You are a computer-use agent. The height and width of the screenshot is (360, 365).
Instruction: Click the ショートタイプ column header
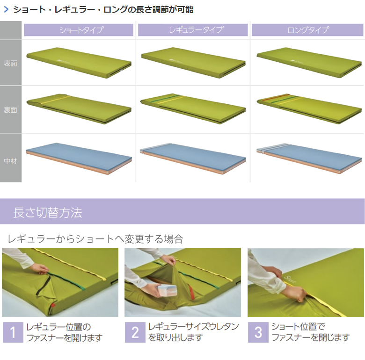coord(79,30)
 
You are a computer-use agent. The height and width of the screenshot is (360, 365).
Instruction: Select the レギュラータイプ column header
coord(193,30)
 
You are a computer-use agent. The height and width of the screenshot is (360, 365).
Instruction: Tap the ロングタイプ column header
coord(307,30)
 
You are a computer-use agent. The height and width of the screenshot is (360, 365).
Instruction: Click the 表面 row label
coord(10,63)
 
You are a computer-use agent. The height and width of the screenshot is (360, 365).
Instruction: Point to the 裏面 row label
coord(10,110)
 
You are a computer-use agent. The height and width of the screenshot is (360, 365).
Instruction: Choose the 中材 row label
coord(10,161)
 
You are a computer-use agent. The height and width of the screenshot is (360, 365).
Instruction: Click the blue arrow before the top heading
coord(6,9)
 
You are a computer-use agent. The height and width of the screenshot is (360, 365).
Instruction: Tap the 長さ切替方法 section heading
coord(48,212)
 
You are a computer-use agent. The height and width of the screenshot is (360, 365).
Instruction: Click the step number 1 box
coord(13,332)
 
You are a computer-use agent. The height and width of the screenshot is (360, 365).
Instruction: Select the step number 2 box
coord(135,332)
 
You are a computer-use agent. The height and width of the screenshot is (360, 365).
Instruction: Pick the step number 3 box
coord(258,332)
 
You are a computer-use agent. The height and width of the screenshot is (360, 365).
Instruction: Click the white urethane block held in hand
coord(168,290)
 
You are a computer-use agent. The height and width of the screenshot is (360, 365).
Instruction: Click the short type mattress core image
coord(79,158)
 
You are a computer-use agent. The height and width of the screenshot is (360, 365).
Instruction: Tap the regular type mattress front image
coord(193,62)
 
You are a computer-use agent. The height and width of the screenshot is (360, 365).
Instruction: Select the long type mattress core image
coord(309,158)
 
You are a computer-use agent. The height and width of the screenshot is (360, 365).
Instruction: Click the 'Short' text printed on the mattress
coord(290,279)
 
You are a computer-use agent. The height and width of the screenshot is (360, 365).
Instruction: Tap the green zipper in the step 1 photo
coord(67,282)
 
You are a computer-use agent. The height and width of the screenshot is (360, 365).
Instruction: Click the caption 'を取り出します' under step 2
coord(175,338)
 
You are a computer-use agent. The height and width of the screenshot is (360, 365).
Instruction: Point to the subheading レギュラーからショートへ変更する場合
coord(95,239)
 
